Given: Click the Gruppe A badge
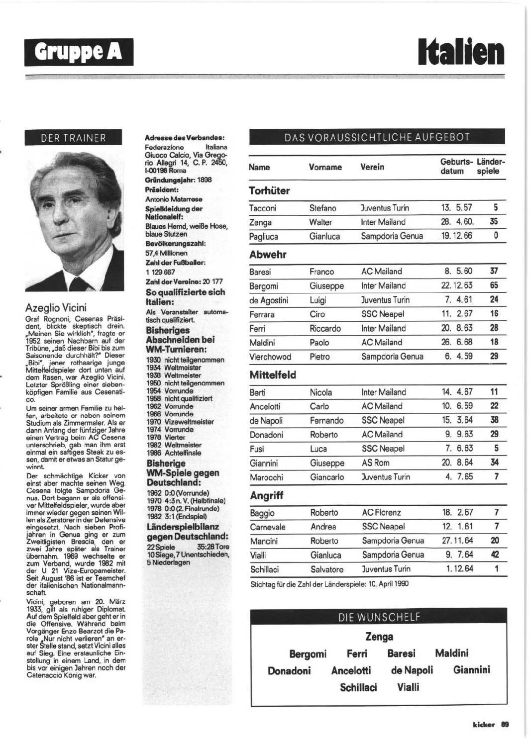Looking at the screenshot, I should pos(79,52).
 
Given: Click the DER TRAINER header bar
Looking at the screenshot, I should pos(73,138).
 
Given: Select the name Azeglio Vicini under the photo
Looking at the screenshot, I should pos(56,307).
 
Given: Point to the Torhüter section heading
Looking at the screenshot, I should pos(269,190).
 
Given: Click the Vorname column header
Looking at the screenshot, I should pos(325,167).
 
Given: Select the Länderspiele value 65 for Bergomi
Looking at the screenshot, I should pos(494,285).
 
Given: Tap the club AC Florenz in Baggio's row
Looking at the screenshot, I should pos(381,512).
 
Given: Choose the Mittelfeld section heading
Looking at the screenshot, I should pos(273,375).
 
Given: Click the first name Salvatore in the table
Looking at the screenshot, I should pos(327,569).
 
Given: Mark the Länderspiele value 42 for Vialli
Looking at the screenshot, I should pos(494,555).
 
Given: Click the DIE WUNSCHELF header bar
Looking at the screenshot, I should pos(379,618).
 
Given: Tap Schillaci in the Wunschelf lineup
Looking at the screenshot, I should pos(358,687).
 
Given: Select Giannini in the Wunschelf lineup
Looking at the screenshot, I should pos(471,670).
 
